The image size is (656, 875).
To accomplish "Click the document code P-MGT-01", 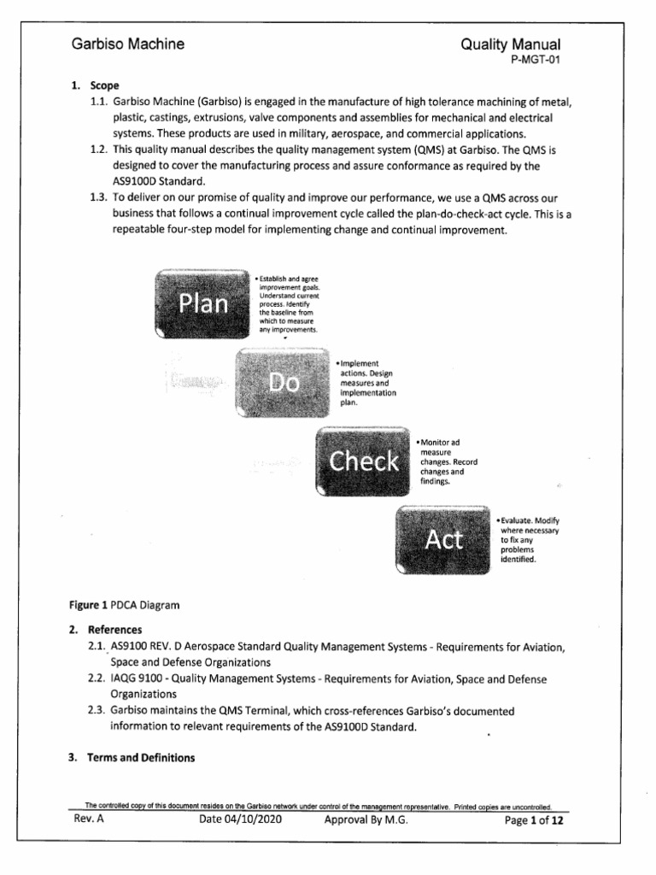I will tap(534, 60).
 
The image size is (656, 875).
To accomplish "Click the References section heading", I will tap(115, 630).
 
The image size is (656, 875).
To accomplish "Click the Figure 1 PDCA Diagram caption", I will tap(126, 605).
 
